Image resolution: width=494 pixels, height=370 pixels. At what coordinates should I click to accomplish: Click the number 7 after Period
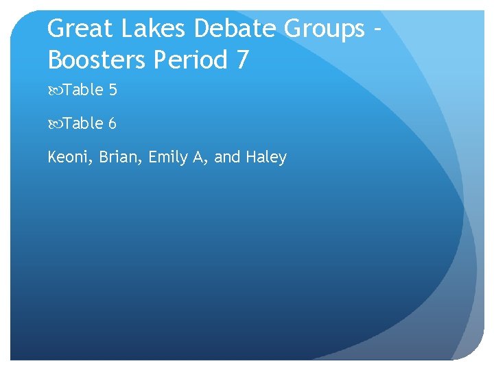pos(242,60)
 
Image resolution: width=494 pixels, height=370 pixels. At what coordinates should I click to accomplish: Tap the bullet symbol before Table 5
pos(55,90)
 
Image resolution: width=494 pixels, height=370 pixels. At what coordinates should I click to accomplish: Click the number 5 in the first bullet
pos(112,90)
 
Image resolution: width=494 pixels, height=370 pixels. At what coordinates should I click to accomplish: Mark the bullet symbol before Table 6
pos(55,124)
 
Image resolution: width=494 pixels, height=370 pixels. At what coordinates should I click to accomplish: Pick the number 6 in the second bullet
pos(112,124)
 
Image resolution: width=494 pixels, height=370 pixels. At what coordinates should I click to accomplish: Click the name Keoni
pos(69,158)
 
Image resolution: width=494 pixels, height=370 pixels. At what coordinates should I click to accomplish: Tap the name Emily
pos(167,158)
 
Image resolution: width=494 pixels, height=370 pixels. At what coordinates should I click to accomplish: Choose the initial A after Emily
pos(199,158)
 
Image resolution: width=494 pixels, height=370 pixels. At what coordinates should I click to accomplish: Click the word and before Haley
pos(227,158)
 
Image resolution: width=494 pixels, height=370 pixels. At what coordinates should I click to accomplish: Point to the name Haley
pos(266,158)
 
